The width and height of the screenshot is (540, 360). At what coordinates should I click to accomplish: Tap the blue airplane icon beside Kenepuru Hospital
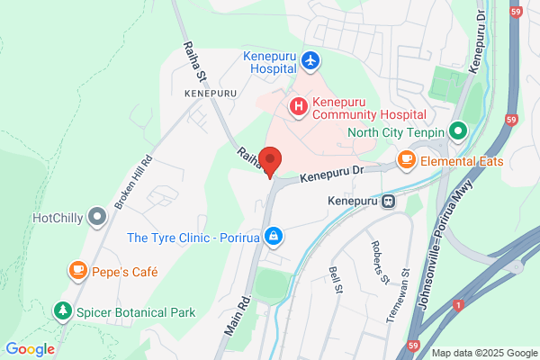(x=311, y=60)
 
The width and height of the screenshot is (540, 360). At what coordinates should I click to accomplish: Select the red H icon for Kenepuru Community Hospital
(x=298, y=107)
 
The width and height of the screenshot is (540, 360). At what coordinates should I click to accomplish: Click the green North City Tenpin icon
(x=456, y=131)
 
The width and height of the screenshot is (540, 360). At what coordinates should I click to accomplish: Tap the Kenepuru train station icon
(x=389, y=201)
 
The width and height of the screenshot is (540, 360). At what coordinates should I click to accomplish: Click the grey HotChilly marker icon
(x=97, y=217)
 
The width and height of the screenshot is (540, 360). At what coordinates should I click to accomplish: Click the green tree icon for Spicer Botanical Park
(x=63, y=311)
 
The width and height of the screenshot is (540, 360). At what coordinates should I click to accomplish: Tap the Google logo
(x=30, y=349)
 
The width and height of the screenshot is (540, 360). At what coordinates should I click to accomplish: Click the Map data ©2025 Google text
(x=483, y=353)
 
